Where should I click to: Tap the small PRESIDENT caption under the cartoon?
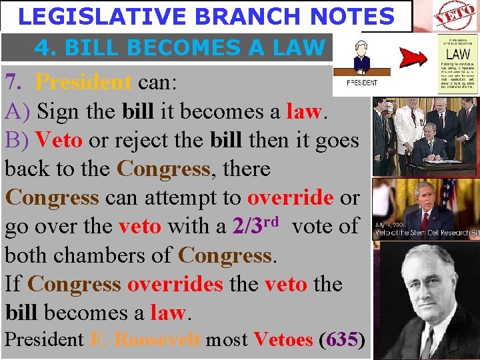click(x=362, y=83)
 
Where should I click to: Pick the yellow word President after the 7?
click(x=83, y=82)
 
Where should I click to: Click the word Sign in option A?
click(x=59, y=111)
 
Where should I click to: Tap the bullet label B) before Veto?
click(x=17, y=140)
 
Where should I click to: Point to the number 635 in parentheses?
click(x=342, y=339)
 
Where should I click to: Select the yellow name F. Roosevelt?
click(x=145, y=339)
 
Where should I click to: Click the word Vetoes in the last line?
click(x=283, y=339)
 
